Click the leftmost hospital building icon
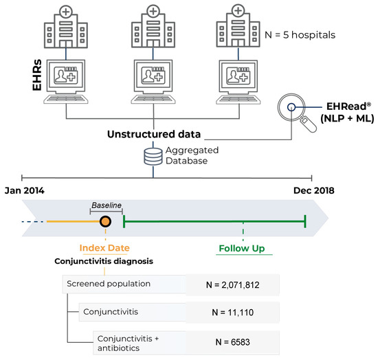tap(66, 30)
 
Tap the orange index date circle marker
tap(105, 221)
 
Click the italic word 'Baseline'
tap(107, 205)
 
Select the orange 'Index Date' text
tap(104, 247)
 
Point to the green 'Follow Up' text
tap(243, 247)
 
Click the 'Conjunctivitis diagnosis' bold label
tap(104, 261)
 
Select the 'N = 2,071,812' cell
tap(233, 284)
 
